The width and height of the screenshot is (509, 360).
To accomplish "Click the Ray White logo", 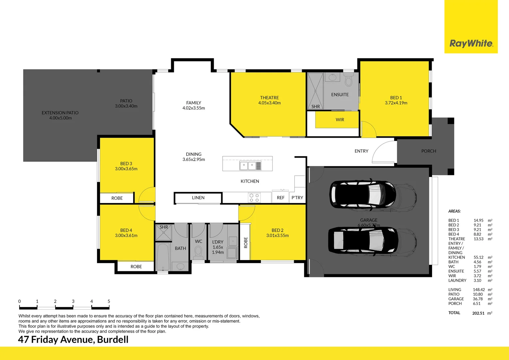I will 471,44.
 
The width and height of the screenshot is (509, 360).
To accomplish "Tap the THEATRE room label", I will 269,98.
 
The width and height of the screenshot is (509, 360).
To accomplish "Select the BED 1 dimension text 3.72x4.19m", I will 396,103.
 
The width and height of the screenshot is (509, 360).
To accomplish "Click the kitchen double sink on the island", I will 251,165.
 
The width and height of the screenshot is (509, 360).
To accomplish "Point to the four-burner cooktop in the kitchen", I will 254,198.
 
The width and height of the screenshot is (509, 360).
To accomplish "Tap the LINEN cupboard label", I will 198,198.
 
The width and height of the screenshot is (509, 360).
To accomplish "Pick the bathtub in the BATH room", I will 163,257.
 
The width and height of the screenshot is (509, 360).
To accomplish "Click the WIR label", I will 340,120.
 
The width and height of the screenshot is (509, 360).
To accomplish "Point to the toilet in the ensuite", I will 348,80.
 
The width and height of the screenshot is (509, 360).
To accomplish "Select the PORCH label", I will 428,151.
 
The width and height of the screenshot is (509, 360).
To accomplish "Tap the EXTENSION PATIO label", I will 60,113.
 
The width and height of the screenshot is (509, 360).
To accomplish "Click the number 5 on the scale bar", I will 109,301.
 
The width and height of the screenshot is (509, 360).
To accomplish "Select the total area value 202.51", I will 478,313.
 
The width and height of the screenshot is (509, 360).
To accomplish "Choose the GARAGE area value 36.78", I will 477,299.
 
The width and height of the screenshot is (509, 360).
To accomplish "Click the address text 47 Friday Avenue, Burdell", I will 73,339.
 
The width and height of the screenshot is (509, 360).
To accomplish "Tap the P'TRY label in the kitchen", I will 297,198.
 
